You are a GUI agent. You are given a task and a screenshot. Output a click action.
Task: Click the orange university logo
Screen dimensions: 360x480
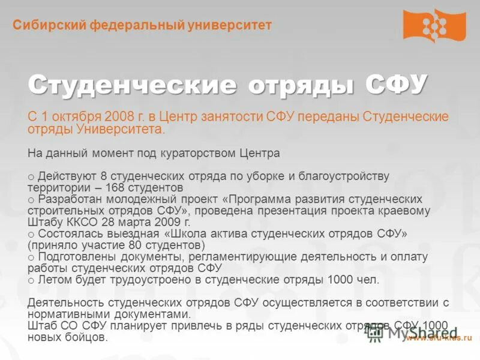pos(434,25)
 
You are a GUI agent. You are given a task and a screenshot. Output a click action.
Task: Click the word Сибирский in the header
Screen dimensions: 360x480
pos(50,25)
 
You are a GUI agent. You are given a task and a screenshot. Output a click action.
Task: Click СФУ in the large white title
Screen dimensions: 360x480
pos(396,85)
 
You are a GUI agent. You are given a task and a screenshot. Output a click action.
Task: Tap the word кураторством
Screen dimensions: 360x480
pos(193,153)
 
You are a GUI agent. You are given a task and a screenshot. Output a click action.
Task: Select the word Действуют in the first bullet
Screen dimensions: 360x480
pos(64,176)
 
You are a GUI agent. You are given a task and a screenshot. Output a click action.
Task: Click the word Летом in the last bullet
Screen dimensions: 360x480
pos(52,280)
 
